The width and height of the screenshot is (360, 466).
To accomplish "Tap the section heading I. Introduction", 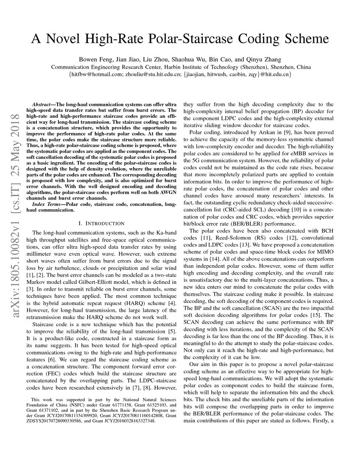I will coord(102,223).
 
